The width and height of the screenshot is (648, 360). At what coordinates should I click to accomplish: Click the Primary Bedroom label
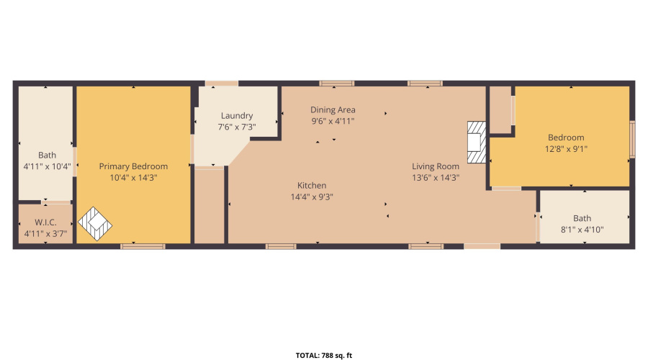[133, 166]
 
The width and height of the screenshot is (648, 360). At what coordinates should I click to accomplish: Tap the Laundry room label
[237, 116]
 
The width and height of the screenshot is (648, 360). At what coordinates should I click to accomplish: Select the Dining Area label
[333, 109]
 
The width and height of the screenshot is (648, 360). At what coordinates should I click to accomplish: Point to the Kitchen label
[311, 185]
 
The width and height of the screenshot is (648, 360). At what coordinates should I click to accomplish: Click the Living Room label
[436, 166]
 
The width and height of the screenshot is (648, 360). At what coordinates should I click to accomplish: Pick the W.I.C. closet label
[45, 222]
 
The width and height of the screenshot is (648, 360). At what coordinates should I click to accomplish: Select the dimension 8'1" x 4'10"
[583, 230]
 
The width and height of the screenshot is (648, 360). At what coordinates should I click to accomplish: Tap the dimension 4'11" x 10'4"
[47, 166]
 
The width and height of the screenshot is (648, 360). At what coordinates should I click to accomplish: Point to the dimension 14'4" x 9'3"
[311, 197]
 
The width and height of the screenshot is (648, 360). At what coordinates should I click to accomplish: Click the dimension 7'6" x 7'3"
[237, 127]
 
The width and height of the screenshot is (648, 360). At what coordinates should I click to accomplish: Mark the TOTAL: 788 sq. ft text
[324, 355]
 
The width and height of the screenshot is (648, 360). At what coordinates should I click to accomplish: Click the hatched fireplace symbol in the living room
[476, 143]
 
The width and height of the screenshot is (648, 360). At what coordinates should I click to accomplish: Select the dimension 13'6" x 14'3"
[436, 178]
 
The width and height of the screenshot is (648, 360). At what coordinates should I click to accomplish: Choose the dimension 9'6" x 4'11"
[333, 121]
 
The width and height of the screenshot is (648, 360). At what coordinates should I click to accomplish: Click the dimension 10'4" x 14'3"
[133, 178]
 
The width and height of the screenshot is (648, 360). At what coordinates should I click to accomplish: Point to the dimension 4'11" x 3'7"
[45, 233]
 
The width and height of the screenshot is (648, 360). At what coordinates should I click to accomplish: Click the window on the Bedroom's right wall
[632, 139]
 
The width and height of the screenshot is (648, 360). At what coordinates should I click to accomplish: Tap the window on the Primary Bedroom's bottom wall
[143, 246]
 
